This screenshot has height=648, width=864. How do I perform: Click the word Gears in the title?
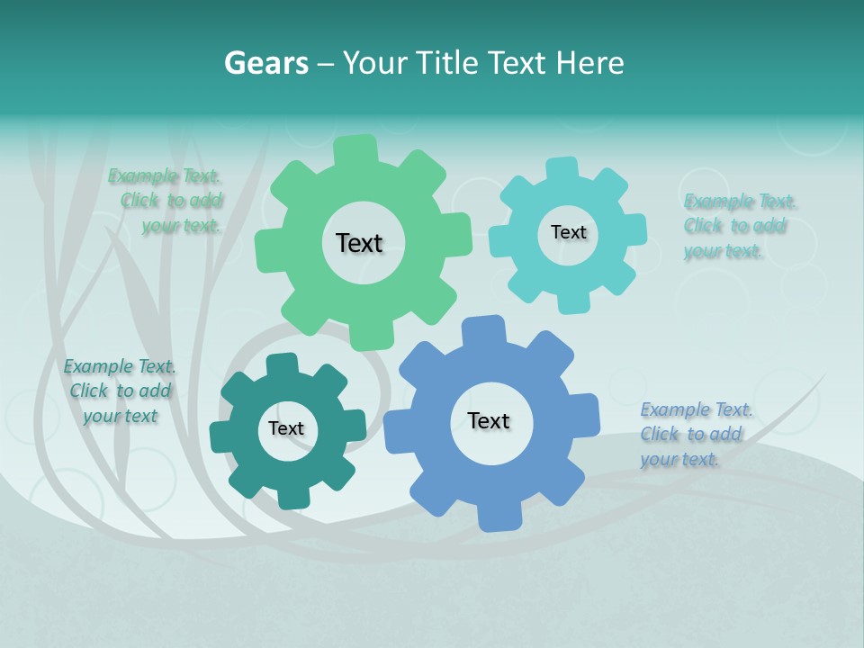[x=266, y=63]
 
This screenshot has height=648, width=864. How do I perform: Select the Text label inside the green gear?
[x=359, y=243]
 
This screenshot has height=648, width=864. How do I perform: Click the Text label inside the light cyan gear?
[x=568, y=232]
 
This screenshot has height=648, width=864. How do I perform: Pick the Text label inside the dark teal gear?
[x=286, y=429]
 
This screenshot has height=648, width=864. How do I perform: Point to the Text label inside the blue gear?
[x=489, y=420]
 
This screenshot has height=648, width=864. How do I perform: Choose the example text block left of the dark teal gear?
[x=120, y=391]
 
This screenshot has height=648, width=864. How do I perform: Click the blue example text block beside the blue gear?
[x=695, y=435]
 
